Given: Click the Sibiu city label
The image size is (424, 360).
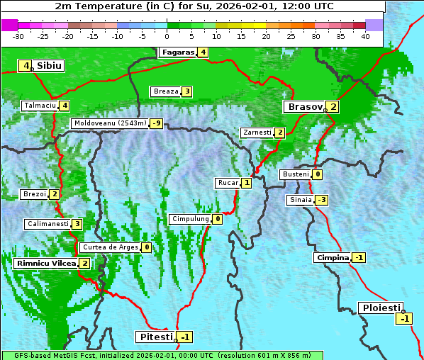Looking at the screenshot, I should click(49, 66).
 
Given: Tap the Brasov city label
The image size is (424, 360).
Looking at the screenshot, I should click(304, 107).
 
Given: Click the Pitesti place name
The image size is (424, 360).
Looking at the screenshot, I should click(155, 336).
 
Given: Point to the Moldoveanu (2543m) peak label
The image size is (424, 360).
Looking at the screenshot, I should click(110, 123).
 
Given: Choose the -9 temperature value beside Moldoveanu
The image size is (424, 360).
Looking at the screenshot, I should click(156, 123).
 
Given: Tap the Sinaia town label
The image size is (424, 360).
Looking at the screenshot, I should click(300, 200).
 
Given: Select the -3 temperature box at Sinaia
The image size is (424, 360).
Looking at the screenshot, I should click(322, 200).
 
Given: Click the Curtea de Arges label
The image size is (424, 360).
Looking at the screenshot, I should click(109, 247).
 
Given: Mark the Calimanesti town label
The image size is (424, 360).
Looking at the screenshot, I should click(48, 224).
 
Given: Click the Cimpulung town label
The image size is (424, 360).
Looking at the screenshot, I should click(190, 219).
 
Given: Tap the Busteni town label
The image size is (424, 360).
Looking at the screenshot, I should click(296, 174).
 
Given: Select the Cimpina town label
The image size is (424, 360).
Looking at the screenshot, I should click(333, 258).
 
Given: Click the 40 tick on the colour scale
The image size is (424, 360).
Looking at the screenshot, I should click(365, 36).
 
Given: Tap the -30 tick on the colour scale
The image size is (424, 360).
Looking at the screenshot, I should click(18, 36).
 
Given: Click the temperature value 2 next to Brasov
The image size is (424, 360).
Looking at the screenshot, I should click(333, 107).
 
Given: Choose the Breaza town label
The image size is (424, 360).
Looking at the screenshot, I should click(166, 91).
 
